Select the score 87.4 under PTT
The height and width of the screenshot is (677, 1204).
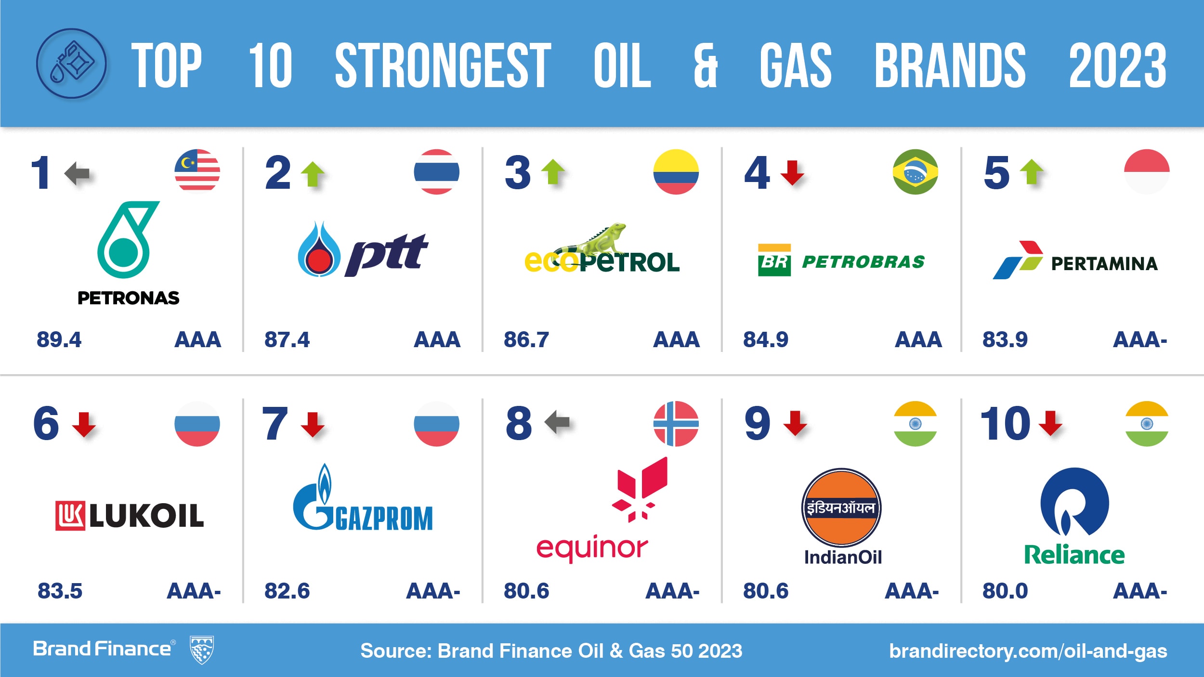(x=287, y=339)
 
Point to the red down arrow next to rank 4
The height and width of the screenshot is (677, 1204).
(x=792, y=173)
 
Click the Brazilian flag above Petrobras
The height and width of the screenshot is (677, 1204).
(x=915, y=172)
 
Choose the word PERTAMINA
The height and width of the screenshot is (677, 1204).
(x=1104, y=264)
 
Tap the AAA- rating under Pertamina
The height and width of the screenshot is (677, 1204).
(x=1140, y=339)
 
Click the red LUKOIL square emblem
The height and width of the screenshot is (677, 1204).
(x=70, y=516)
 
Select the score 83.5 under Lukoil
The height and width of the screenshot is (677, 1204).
(x=60, y=591)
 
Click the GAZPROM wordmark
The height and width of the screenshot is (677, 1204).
(x=384, y=518)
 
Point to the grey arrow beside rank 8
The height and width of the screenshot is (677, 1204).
(x=557, y=422)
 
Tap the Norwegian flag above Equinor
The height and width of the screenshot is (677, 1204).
(x=676, y=424)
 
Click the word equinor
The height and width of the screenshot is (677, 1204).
(x=592, y=548)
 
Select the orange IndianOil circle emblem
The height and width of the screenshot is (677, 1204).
(x=841, y=508)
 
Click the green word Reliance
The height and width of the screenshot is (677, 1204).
(x=1074, y=555)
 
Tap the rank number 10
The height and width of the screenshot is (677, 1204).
(x=1005, y=424)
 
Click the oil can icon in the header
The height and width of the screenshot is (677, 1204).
(x=71, y=64)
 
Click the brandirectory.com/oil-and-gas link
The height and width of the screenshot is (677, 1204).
(x=1028, y=651)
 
